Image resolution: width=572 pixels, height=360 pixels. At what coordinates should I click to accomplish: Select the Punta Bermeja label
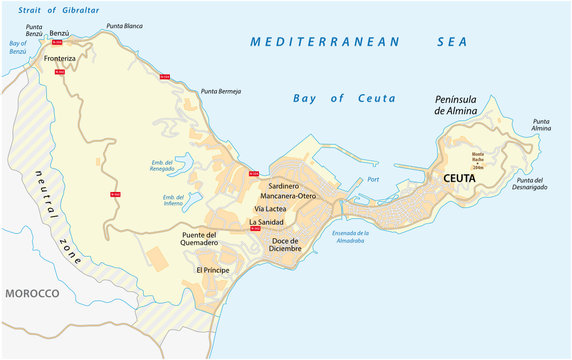[x=221, y=91]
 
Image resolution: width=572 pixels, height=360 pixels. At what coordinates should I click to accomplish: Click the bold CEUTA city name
[x=446, y=177]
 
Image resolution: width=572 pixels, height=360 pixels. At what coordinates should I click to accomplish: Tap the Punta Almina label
[x=541, y=124]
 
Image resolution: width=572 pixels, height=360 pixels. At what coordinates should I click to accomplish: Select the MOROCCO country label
[x=31, y=293]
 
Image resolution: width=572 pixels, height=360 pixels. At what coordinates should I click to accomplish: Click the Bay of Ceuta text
[x=344, y=98]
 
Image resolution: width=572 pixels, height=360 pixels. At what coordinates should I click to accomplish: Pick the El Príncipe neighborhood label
[x=212, y=270]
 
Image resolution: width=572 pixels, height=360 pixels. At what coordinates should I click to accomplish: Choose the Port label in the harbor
[x=373, y=179]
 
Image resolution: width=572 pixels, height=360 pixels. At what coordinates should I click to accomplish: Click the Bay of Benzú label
[x=17, y=48]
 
